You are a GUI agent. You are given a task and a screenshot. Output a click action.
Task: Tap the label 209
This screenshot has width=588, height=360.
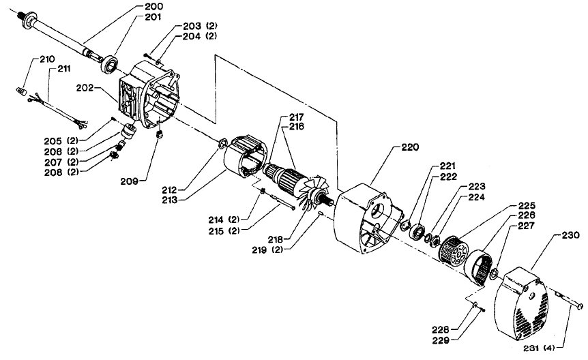(x=130, y=181)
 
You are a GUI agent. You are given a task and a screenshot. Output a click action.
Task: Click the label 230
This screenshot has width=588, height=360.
(x=570, y=235)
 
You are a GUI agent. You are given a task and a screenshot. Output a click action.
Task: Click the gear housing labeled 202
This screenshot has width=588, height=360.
(x=147, y=95)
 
